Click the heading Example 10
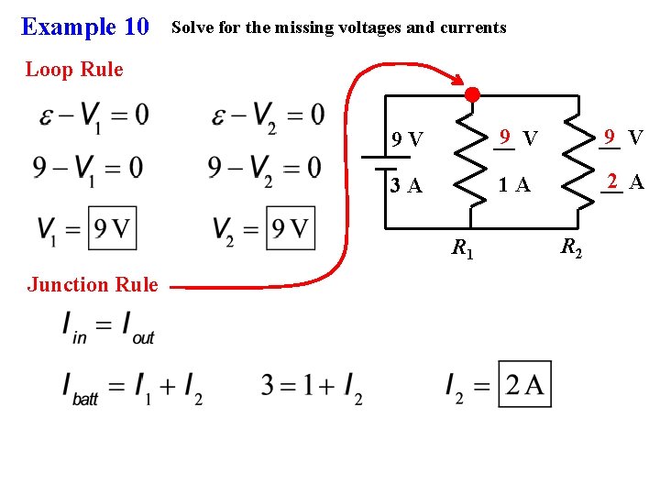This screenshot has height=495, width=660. click(84, 27)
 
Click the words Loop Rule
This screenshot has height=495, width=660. click(74, 69)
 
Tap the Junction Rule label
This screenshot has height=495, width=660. click(93, 284)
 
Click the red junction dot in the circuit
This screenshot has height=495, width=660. click(471, 94)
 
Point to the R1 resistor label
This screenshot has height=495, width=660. click(462, 247)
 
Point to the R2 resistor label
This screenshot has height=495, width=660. click(570, 247)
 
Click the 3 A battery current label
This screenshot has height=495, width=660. click(406, 186)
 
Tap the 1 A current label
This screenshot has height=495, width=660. click(513, 185)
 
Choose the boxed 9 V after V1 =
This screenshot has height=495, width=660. click(112, 228)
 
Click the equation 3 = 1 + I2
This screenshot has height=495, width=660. click(312, 386)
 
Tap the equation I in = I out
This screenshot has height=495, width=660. click(108, 326)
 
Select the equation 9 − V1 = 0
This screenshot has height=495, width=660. click(88, 169)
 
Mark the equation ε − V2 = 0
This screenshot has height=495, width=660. click(267, 115)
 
